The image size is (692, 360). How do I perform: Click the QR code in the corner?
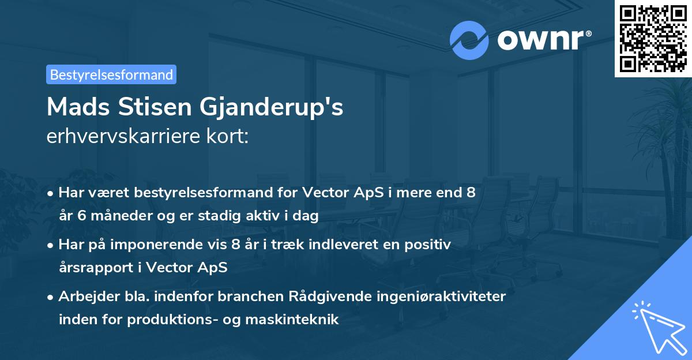pos(653,39)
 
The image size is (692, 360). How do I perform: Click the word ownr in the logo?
pos(540,40)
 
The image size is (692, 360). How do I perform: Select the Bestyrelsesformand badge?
pos(111,74)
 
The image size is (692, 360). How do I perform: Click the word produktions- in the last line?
pos(183,319)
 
